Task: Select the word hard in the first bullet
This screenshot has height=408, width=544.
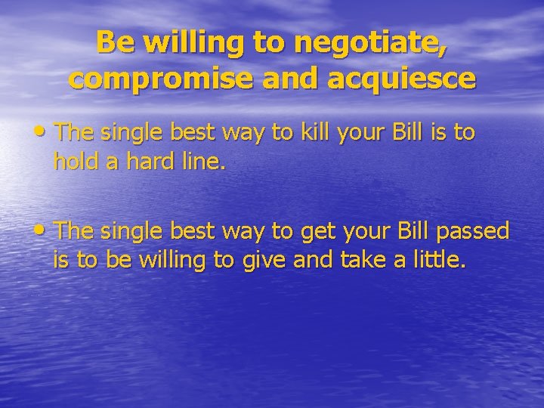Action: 144,161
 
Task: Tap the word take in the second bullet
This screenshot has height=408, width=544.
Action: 360,259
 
